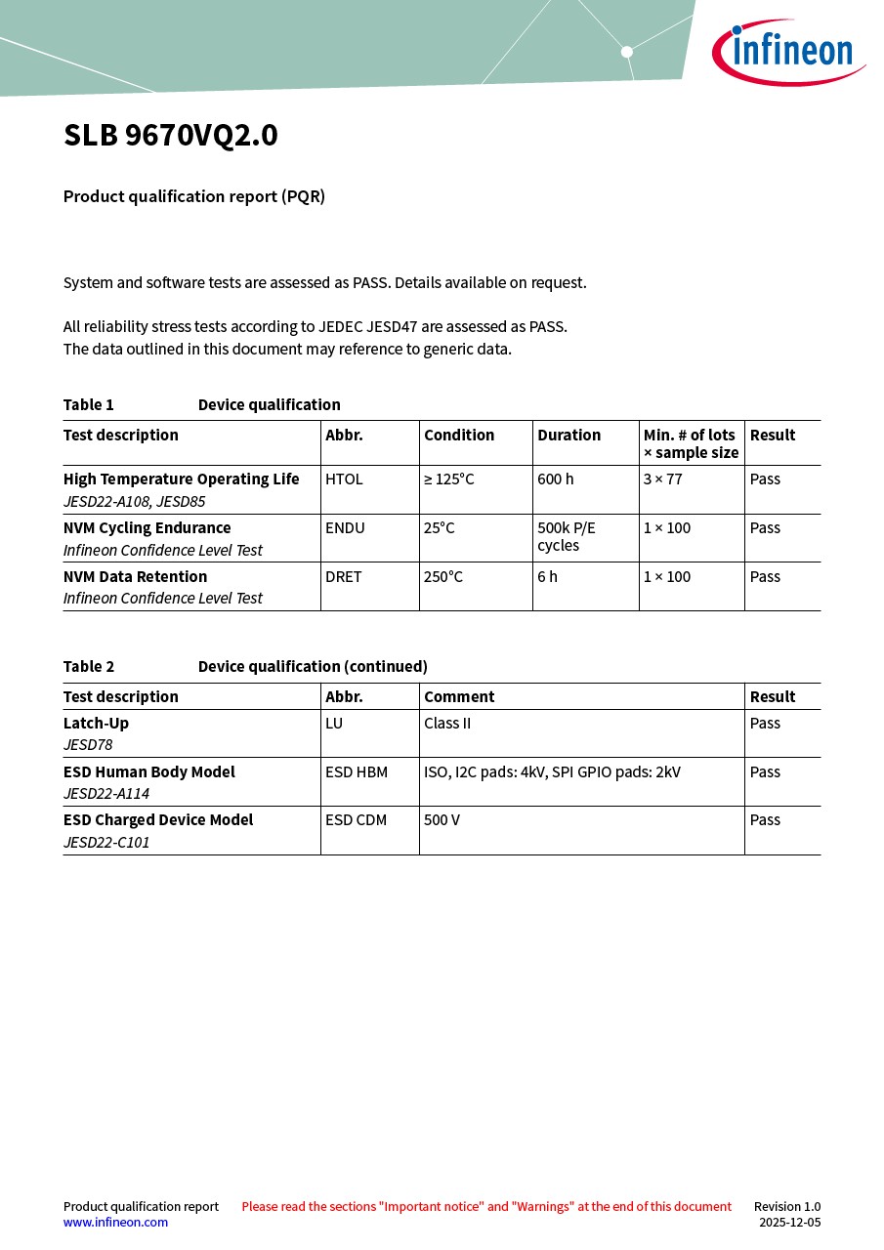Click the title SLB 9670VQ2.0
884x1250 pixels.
(171, 136)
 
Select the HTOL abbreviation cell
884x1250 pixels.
(344, 479)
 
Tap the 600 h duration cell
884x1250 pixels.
(556, 479)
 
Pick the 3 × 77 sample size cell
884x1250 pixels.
(663, 479)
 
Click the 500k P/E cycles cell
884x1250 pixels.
(567, 536)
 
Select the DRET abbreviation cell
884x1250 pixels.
(344, 577)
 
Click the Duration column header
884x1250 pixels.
(568, 436)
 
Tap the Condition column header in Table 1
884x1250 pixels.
(459, 436)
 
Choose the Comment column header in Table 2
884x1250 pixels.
(459, 697)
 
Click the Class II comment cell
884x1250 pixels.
(447, 724)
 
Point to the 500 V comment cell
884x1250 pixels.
(442, 820)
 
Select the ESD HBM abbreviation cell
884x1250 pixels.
(357, 772)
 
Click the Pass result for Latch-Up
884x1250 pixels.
(765, 724)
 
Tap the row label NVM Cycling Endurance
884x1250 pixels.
(147, 528)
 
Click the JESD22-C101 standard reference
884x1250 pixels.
(106, 842)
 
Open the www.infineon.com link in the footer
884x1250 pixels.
(115, 1222)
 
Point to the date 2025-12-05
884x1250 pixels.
(789, 1222)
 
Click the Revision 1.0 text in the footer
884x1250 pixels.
(787, 1206)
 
